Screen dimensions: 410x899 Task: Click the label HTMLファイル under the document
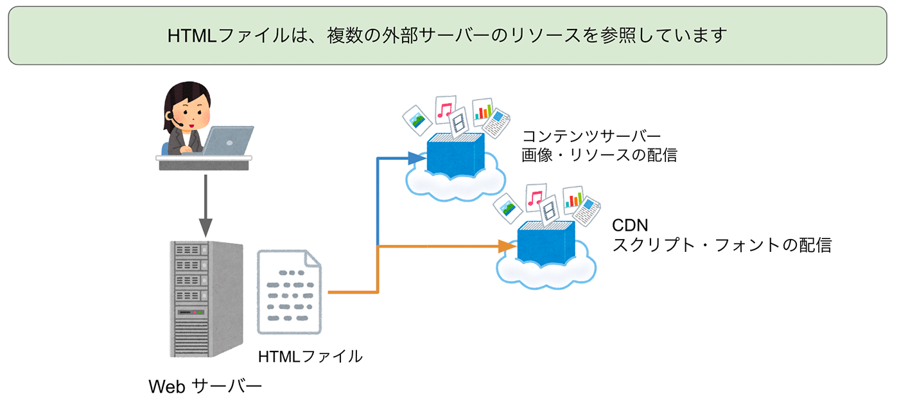click(310, 355)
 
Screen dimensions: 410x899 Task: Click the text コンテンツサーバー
click(591, 136)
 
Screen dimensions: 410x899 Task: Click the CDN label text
click(630, 226)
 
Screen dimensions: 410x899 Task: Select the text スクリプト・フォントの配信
click(722, 245)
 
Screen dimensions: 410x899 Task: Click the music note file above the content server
click(445, 110)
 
